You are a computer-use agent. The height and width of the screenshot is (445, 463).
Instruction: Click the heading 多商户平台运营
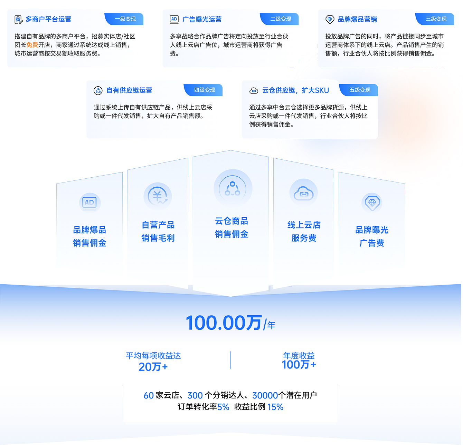[x=48, y=19]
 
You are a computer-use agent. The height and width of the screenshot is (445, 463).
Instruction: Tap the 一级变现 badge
[x=125, y=19]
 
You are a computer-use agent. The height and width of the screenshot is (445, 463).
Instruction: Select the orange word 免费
[x=32, y=45]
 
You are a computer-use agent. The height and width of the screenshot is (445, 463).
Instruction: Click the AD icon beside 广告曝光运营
[x=174, y=19]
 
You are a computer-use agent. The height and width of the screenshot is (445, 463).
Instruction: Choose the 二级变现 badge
[x=281, y=19]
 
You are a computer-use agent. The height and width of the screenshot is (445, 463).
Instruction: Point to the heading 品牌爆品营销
[x=357, y=19]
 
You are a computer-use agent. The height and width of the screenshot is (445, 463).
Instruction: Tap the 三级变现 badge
[x=436, y=19]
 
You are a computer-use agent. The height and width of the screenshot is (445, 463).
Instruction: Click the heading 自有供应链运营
[x=129, y=90]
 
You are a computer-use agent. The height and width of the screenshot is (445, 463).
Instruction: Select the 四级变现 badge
[x=205, y=90]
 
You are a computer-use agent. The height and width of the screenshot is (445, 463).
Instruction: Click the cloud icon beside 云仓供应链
[x=254, y=91]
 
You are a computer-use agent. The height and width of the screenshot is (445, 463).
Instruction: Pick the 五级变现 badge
[x=360, y=90]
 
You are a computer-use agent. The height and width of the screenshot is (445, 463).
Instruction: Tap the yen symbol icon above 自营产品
[x=158, y=196]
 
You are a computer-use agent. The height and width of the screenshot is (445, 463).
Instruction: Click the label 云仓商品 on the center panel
[x=231, y=221]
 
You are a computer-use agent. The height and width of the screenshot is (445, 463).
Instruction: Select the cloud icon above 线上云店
[x=303, y=194]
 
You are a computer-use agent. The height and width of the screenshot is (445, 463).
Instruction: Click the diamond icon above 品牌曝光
[x=372, y=203]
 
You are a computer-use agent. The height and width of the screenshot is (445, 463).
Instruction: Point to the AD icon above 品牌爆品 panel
[x=89, y=202]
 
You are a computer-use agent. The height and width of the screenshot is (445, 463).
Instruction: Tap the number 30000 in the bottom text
[x=265, y=395]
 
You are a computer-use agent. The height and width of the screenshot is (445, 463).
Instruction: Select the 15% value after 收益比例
[x=275, y=407]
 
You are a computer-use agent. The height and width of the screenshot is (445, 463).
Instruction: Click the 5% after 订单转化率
[x=223, y=407]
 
